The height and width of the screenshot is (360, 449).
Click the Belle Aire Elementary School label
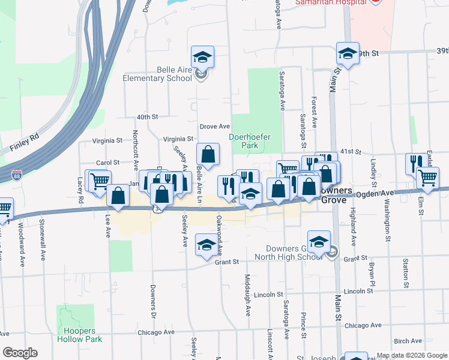pos(157,74)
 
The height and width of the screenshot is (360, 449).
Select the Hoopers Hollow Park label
pos(79,335)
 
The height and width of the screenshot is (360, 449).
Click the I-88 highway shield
pos(17,175)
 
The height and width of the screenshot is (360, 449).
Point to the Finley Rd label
pos(25,146)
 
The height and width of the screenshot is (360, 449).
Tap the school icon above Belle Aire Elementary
pos(203,58)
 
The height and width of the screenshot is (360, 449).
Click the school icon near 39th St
pos(348,53)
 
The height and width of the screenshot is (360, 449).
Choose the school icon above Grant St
pos(206,246)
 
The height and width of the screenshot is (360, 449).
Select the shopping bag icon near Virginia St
pos(208,155)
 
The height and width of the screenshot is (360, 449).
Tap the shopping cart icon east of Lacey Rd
pos(98,180)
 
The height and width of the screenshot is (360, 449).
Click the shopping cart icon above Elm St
pos(427,178)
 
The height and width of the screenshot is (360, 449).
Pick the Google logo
pos(20,353)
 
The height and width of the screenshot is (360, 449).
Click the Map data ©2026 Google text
pos(412,355)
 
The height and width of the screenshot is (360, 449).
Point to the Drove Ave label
pos(215,127)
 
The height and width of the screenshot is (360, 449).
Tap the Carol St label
pos(108,163)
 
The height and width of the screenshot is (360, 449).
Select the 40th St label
pos(146,117)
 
